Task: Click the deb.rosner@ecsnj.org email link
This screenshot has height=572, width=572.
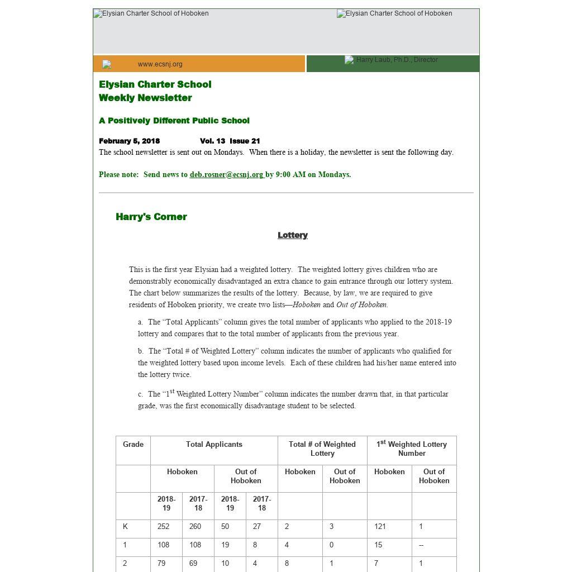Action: (226, 175)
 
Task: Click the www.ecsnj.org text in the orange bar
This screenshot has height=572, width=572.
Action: (160, 64)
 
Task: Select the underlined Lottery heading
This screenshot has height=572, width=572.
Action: (293, 235)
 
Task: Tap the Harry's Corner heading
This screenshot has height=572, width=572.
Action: (151, 217)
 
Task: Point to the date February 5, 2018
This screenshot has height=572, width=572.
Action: (130, 141)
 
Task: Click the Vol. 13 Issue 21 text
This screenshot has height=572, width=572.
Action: (230, 141)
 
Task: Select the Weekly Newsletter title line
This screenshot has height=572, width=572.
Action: (145, 98)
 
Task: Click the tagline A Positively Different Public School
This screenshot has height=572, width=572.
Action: (174, 121)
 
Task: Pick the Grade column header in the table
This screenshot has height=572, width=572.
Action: (133, 445)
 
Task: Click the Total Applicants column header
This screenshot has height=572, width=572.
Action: (214, 445)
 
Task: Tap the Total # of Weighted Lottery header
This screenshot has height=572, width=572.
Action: (322, 449)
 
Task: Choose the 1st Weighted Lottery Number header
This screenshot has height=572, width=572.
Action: (412, 449)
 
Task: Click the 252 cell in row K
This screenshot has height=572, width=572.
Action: (163, 527)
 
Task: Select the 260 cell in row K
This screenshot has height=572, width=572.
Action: (195, 527)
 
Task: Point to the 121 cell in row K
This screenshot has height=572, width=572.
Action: (380, 527)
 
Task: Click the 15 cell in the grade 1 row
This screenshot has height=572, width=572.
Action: (378, 545)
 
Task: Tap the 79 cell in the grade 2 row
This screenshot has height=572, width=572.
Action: (161, 564)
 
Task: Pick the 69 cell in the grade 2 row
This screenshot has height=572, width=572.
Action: (193, 564)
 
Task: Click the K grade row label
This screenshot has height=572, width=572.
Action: (126, 527)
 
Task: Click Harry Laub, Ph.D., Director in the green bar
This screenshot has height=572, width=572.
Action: (397, 60)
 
